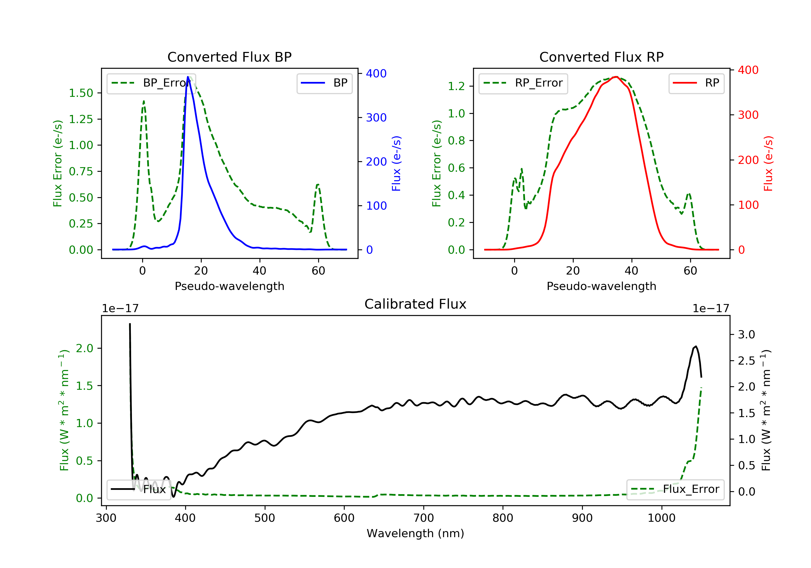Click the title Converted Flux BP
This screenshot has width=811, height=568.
(229, 57)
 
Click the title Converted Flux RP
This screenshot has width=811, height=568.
(601, 57)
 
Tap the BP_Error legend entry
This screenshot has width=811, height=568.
(151, 83)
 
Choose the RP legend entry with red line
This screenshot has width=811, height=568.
(696, 83)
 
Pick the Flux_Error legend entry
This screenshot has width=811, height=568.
(675, 489)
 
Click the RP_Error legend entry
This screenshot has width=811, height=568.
(523, 83)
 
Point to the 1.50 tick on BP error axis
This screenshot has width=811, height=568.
(81, 93)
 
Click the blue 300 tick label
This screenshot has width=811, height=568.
(376, 117)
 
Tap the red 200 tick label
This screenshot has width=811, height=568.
(748, 160)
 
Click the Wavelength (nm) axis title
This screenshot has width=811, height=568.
(416, 533)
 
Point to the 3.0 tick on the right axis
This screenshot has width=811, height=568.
(746, 334)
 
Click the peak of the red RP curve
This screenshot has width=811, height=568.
(616, 77)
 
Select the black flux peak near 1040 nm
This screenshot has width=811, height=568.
(696, 346)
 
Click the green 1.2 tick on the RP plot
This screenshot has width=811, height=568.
(456, 86)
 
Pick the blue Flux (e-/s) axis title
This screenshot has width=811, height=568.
(396, 163)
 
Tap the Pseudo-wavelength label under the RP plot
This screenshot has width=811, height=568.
(601, 286)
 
